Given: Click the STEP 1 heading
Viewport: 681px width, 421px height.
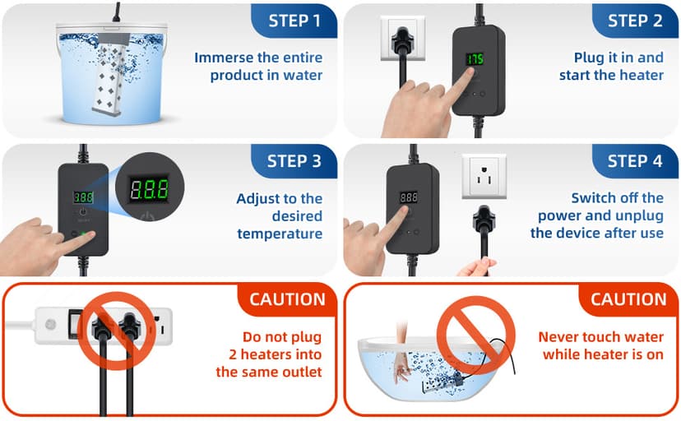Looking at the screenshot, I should [x=294, y=20].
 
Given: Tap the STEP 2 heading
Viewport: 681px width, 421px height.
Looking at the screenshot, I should [x=634, y=20].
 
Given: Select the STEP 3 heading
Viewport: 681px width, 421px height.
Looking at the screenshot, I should [x=294, y=160].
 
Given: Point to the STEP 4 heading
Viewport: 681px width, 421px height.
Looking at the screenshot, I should [x=634, y=160].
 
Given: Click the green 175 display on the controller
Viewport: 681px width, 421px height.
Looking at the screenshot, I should [x=475, y=59].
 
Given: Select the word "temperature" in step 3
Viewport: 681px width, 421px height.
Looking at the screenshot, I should [x=280, y=234].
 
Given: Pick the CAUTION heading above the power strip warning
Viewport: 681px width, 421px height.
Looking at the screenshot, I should [x=287, y=299].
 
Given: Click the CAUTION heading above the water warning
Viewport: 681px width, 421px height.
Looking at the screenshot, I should [x=628, y=299].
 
